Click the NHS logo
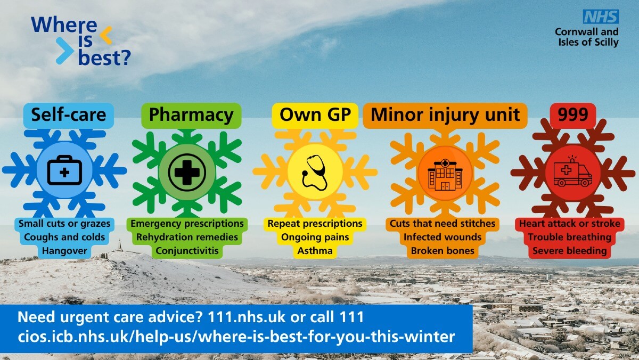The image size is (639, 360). coord(601,17)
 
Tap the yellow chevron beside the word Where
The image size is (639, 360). coord(105,35)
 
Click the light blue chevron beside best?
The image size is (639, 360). coord(65,51)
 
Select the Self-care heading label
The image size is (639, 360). coord(69,115)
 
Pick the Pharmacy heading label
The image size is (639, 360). coord(191,115)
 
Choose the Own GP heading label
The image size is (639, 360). coord(315,115)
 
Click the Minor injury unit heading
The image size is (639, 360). coord(445,115)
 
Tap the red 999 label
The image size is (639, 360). coord(573,114)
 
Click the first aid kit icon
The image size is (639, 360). coord(64,170)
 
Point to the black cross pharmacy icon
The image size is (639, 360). coord(187,173)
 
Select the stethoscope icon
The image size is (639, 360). coord(315,173)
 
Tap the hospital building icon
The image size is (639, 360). coord(445,175)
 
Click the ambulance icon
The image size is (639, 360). coord(572,172)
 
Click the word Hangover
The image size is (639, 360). coord(64,251)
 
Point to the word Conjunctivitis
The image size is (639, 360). coord(187,251)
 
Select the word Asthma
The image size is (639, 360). coord(315,251)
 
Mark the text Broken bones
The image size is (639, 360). coord(443,251)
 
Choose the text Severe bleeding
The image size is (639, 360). coord(570,251)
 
